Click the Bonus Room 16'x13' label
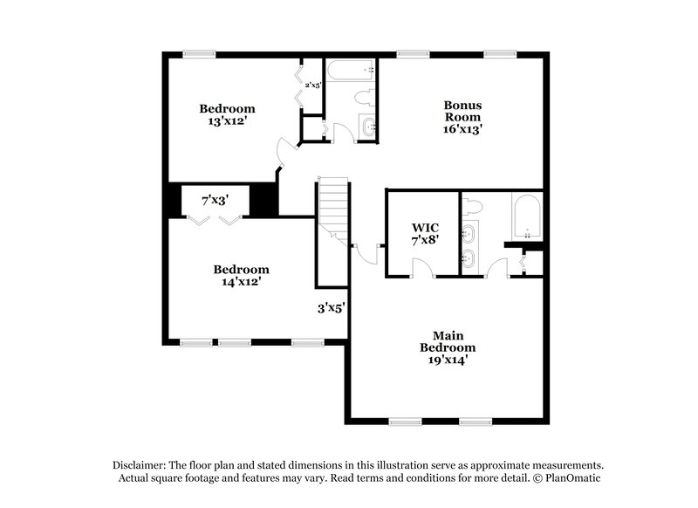coord(462,117)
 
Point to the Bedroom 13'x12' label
coord(227,115)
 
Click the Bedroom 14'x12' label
coord(239,276)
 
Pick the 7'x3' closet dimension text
coord(216,201)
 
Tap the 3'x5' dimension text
coord(331,307)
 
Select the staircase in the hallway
coord(333,209)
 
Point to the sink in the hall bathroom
coord(367,127)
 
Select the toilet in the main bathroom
coord(472,206)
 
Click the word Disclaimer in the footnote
coord(140,466)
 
